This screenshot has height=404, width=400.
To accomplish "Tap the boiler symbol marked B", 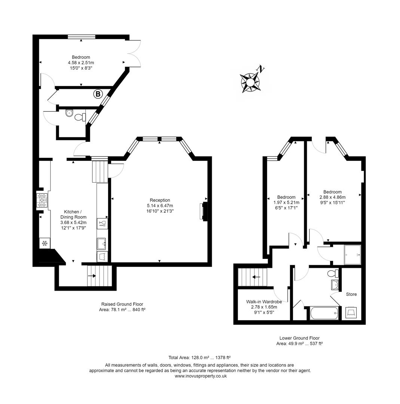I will [98, 94].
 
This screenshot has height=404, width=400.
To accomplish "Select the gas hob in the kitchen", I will [42, 200].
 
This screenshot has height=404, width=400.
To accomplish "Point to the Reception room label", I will [160, 200].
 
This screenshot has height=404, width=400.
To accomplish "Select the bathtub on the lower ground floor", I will [324, 313].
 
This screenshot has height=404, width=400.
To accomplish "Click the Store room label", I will [351, 294].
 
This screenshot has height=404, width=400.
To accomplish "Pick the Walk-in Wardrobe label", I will [264, 302].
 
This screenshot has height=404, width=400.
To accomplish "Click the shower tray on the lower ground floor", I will [352, 255].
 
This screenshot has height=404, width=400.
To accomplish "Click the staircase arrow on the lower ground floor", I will [256, 277].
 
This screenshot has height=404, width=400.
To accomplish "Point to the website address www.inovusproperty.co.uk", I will [201, 376].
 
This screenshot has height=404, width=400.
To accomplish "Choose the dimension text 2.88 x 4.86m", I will [332, 197].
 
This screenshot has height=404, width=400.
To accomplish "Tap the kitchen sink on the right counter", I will [101, 244].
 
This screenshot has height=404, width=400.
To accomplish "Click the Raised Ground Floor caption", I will [122, 304].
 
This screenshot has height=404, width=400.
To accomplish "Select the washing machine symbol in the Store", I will [351, 312].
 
